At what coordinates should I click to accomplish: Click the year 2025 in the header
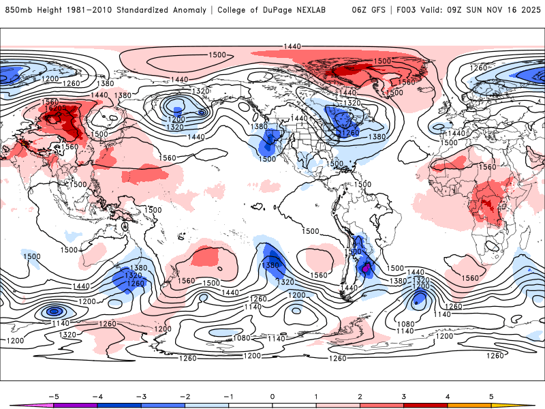tap(527, 10)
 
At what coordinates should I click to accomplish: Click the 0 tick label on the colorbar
tap(272, 395)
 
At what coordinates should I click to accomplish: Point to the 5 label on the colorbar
tap(491, 395)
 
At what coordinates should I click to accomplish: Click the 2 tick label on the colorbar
tap(360, 395)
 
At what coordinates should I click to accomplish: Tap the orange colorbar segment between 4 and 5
tap(469, 405)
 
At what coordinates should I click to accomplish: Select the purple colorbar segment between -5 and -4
tap(75, 405)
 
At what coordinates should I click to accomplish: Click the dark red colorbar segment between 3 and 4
tap(426, 405)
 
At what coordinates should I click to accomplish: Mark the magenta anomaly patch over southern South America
tap(366, 269)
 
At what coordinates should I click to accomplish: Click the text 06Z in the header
tap(360, 10)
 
